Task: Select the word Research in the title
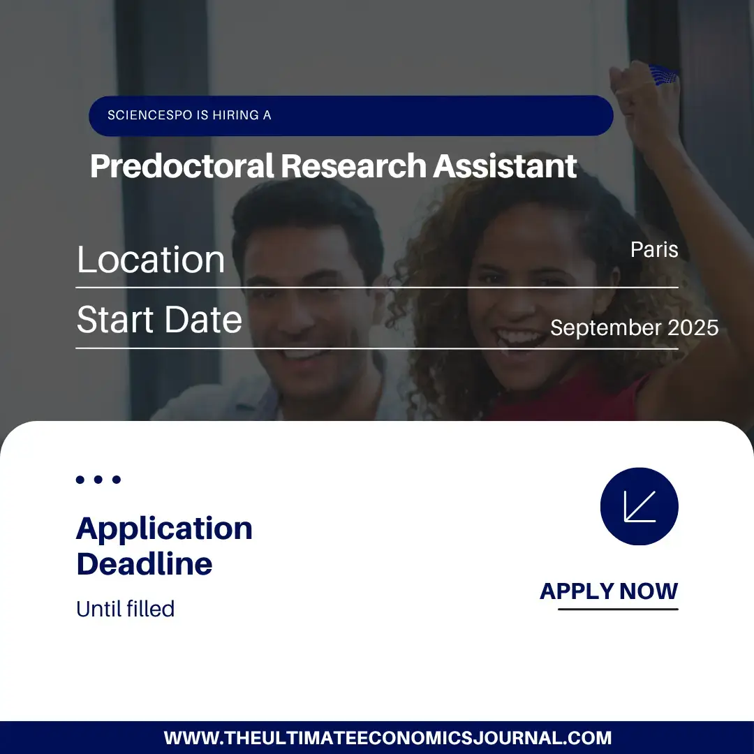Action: pos(353,166)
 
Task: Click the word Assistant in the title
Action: pos(505,166)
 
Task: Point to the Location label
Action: pos(151,260)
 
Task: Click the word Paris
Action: pos(654,249)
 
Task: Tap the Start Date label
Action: pos(159,319)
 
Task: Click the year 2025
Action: pos(693,328)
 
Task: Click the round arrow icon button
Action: pos(639,506)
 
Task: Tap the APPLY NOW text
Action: pos(609,591)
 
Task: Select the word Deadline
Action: pos(145,563)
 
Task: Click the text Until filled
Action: pos(126,609)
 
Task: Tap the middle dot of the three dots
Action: pos(98,480)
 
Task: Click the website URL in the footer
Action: pos(387,738)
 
